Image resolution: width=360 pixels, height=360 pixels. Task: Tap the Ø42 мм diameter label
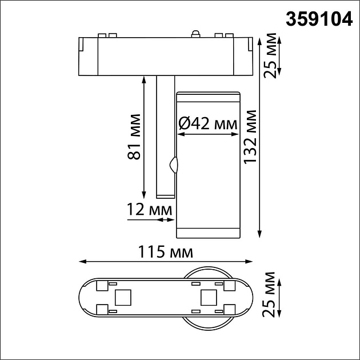coord(207,122)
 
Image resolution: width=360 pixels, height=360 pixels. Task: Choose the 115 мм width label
coord(165,251)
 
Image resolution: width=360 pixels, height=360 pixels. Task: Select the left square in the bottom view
coord(122,298)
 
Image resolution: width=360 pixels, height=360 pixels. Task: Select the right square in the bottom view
coord(208,298)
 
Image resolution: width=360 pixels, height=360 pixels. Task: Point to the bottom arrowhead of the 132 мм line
coord(261,234)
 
